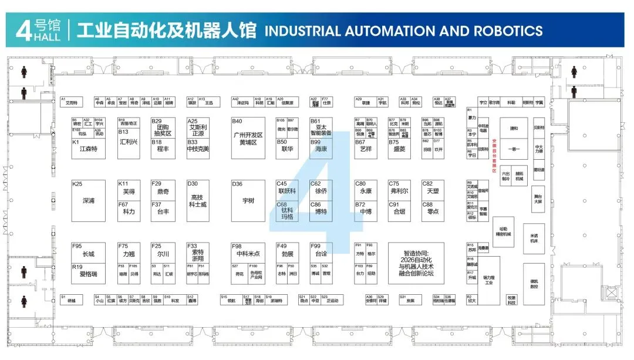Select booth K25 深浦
(x=89, y=200)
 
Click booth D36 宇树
(x=248, y=200)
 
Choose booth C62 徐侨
(x=321, y=191)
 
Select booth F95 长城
(x=88, y=254)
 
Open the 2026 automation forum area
(x=416, y=263)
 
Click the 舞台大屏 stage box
(x=538, y=197)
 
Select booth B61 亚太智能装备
(x=321, y=129)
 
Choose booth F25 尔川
(x=163, y=254)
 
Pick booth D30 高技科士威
(x=197, y=200)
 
